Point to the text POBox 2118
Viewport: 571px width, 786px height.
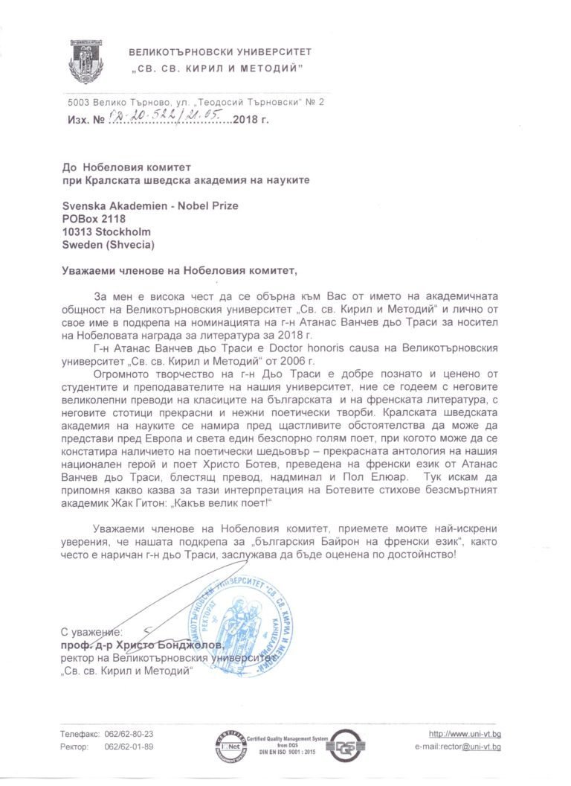click(94, 219)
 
